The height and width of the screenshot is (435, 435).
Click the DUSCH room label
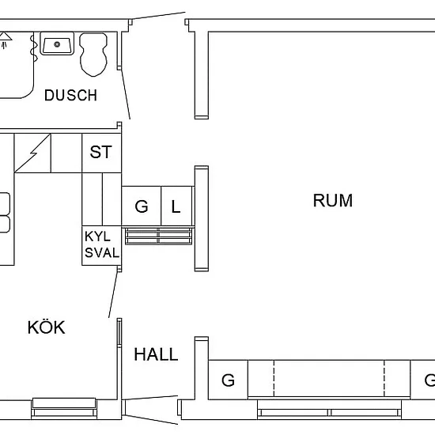point(70,95)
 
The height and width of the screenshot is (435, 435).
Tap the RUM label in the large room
point(333,200)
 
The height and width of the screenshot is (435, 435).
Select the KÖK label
point(47,327)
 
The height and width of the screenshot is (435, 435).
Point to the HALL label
point(156,354)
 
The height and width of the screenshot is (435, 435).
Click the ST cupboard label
point(100,152)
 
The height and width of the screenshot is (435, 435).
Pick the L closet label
point(176,206)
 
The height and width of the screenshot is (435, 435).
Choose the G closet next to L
point(142,206)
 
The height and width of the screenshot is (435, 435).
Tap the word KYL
point(97,236)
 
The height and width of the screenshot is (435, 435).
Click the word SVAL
point(102,253)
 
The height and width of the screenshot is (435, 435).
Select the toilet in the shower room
point(93,54)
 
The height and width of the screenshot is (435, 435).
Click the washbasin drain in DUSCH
point(57,44)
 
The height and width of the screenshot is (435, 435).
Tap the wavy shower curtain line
point(34,47)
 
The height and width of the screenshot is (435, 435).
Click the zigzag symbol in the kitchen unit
point(32,153)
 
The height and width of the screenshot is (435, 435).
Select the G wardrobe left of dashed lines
point(228,380)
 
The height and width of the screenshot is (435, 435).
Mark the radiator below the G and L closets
point(158,236)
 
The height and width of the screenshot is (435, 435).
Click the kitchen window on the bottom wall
point(64,408)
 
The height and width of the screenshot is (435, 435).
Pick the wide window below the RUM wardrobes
point(329,409)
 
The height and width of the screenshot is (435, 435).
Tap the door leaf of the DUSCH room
point(126,94)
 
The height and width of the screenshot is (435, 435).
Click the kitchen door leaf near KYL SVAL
point(114,295)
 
